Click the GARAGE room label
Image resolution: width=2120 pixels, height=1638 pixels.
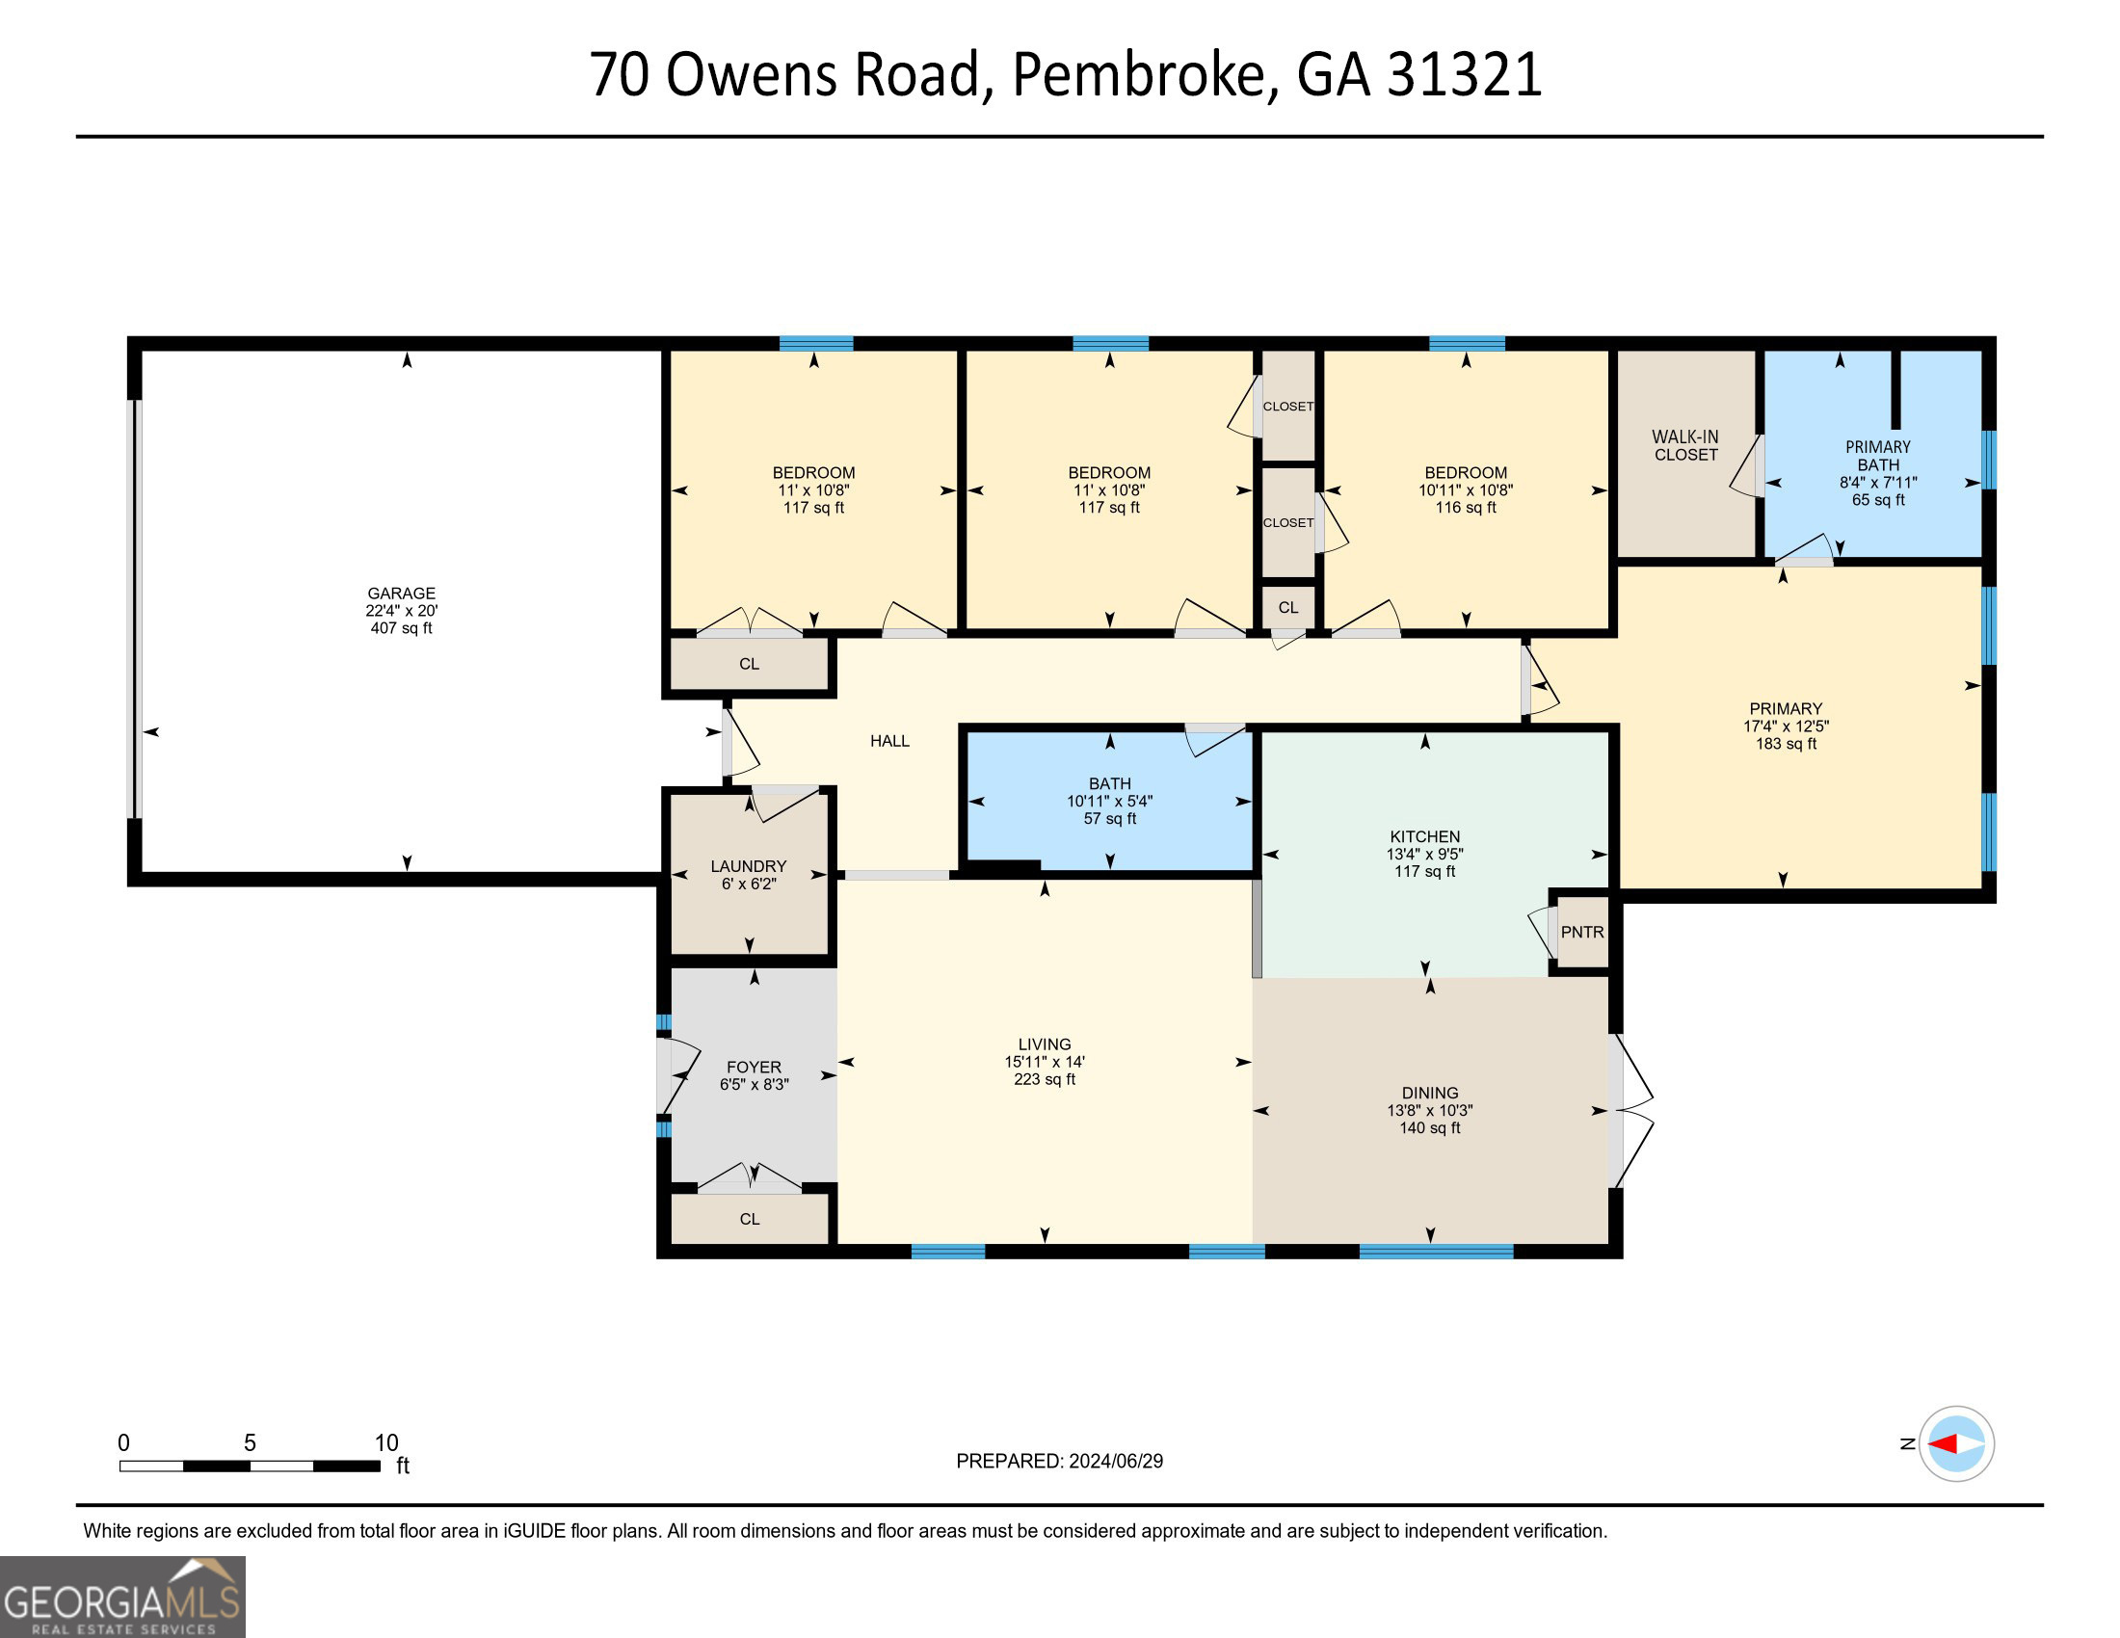401,593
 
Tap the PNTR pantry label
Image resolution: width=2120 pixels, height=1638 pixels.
1582,932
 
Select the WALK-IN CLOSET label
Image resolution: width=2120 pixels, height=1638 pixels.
1686,445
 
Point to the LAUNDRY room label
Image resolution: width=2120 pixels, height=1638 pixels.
749,865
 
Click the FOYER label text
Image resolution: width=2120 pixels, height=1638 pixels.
755,1067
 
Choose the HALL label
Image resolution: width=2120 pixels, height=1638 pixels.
889,740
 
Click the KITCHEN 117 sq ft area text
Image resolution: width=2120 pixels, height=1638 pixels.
1425,871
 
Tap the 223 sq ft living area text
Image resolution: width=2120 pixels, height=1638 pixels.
1045,1079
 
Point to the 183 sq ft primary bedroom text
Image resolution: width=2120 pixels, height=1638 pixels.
1786,743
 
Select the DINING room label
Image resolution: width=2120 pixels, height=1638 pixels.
1430,1093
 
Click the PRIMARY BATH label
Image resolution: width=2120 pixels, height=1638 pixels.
1878,456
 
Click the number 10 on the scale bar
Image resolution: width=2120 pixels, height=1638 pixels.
386,1443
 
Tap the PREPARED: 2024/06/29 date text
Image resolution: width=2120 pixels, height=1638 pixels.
1059,1462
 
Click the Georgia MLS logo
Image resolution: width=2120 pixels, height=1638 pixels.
122,1597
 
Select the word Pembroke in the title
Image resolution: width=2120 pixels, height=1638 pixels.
1139,75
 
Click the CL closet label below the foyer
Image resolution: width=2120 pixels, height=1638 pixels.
750,1219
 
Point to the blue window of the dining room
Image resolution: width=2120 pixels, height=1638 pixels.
1436,1251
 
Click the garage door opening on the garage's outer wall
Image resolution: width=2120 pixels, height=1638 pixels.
137,608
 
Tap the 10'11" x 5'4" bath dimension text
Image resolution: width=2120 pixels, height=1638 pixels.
1109,801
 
